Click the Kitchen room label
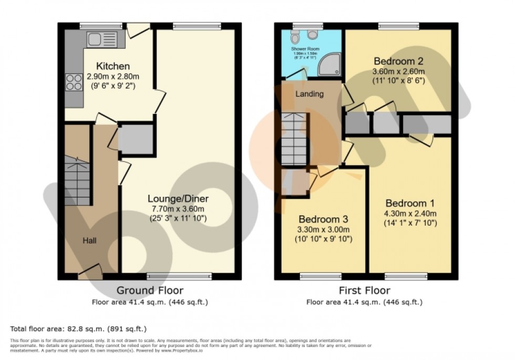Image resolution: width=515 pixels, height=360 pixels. point(112,66)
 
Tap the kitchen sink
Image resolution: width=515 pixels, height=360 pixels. point(100,39)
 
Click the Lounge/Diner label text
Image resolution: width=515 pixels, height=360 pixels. point(178,199)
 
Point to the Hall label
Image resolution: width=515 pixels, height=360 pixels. point(89,240)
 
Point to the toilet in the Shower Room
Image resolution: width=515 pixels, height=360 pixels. point(295,37)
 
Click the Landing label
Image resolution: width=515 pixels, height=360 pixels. point(310,94)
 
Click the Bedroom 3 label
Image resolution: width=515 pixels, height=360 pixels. point(324,219)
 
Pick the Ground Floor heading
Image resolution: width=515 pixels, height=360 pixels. point(150,290)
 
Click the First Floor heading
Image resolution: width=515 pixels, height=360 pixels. point(365,290)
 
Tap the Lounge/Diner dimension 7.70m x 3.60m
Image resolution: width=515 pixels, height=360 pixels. point(178,209)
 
